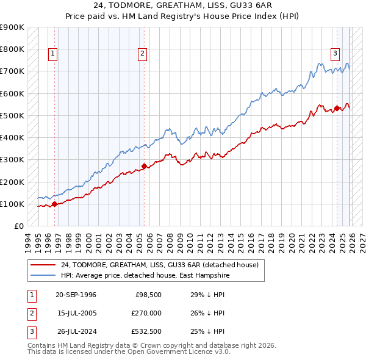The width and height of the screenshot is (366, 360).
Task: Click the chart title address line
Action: (183, 5)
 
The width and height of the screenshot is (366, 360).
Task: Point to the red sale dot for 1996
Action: (54, 204)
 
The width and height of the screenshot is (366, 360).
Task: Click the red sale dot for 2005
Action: (144, 166)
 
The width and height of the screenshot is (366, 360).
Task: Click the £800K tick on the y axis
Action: (12, 49)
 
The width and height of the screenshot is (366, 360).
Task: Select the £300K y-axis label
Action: (12, 160)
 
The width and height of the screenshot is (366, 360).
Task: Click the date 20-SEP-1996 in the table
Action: (76, 295)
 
